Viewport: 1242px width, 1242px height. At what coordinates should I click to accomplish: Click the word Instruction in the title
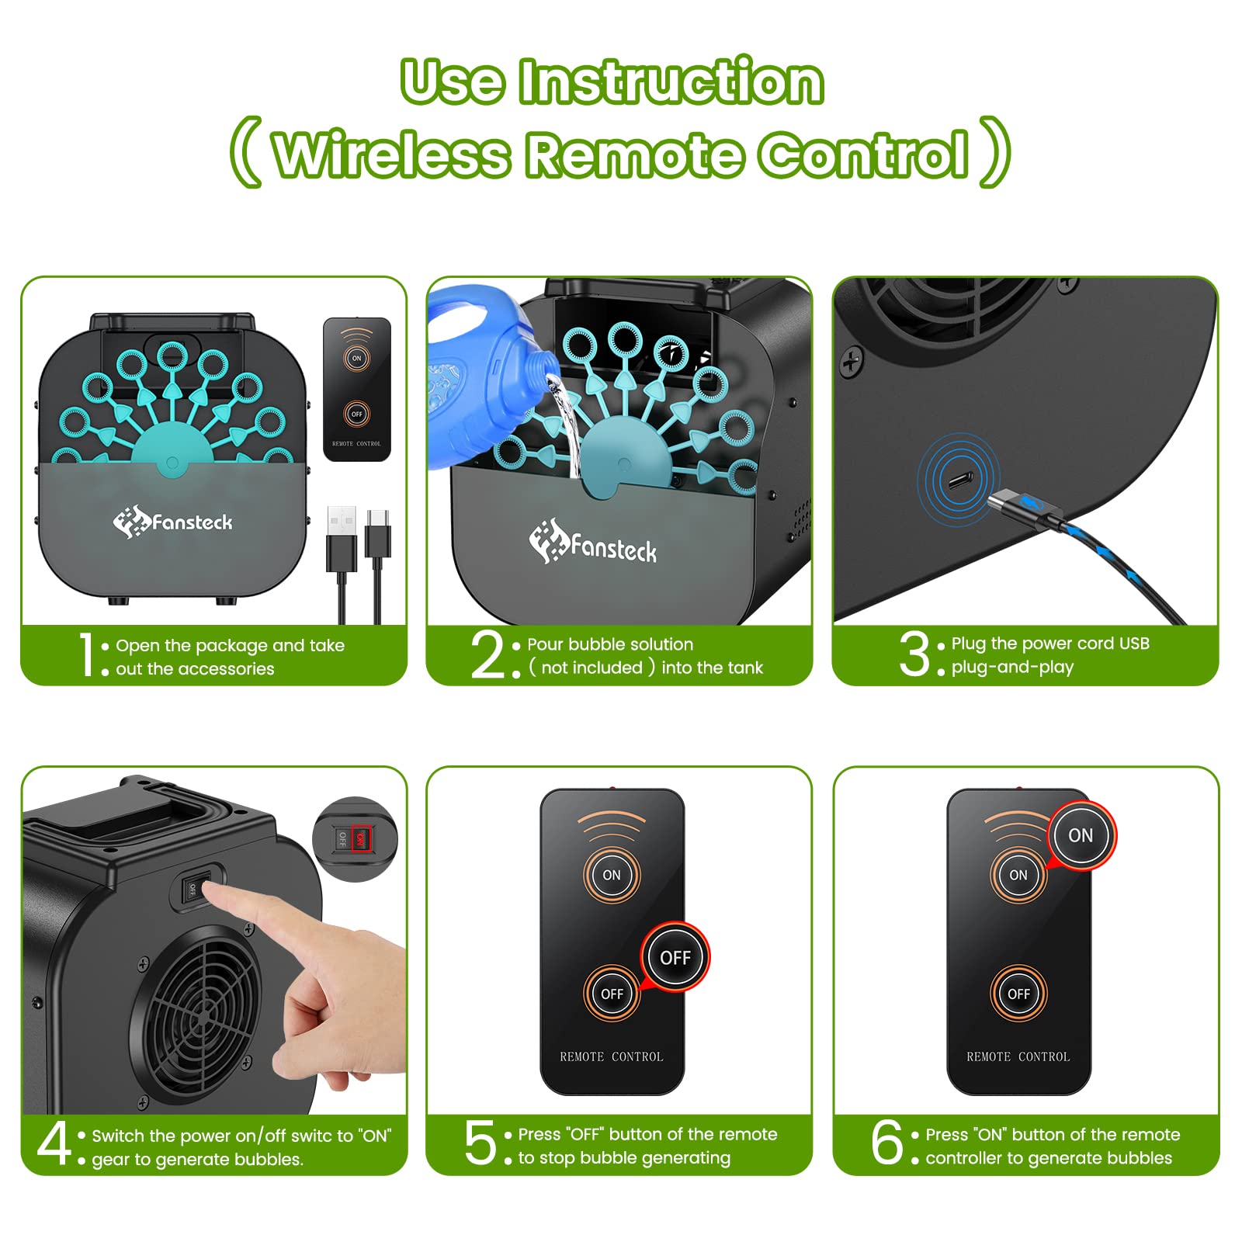[671, 82]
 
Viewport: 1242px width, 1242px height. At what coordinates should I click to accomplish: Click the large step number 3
[914, 654]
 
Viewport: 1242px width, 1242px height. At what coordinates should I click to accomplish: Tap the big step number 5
[480, 1143]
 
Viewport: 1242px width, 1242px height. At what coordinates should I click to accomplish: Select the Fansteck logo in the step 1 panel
[172, 522]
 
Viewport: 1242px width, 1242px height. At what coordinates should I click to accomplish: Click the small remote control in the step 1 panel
[356, 389]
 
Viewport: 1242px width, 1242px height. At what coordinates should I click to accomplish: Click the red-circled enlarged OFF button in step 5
[675, 958]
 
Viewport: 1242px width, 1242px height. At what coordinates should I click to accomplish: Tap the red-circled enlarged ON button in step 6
[1081, 836]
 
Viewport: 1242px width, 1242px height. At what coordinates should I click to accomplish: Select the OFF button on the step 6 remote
[1018, 994]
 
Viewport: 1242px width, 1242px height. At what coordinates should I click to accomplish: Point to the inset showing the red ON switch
[355, 839]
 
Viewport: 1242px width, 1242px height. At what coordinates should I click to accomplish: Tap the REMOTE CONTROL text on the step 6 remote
[1018, 1057]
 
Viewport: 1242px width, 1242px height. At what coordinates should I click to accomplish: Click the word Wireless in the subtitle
[392, 154]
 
